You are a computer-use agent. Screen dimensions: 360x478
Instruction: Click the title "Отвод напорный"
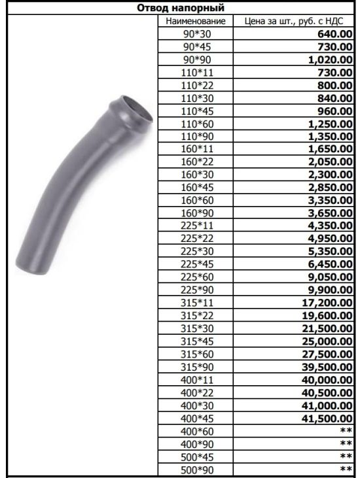[x=180, y=8]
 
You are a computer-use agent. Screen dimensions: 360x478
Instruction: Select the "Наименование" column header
[x=196, y=21]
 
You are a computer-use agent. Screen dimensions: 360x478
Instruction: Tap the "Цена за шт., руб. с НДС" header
[x=294, y=21]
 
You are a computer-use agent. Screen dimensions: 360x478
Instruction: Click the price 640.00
[x=335, y=34]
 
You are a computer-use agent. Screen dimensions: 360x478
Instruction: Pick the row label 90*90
[x=197, y=60]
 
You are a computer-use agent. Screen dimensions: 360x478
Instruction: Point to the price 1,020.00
[x=331, y=60]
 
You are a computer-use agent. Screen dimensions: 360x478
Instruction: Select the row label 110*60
[x=197, y=124]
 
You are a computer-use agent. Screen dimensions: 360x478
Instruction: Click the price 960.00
[x=335, y=111]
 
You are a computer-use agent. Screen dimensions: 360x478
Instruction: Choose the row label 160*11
[x=197, y=149]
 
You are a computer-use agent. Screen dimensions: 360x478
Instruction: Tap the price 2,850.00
[x=331, y=188]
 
